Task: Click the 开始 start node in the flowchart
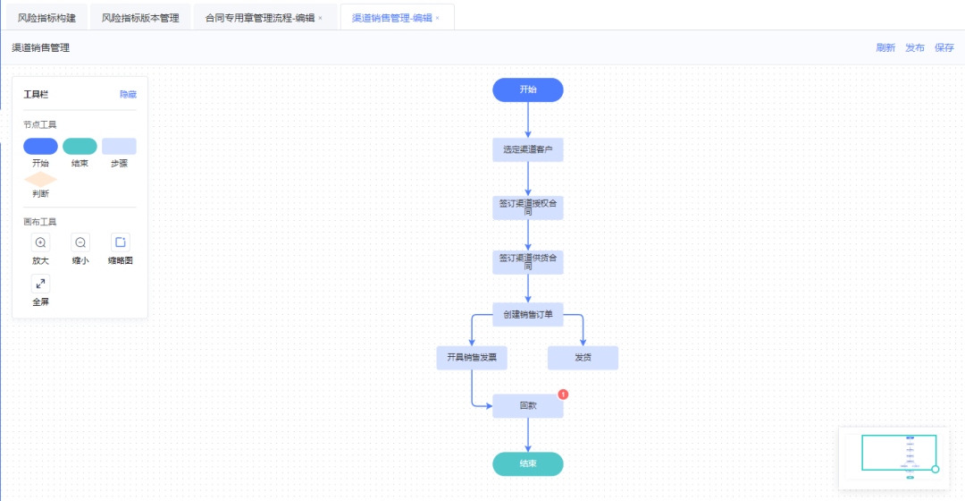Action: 527,89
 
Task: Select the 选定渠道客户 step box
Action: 527,150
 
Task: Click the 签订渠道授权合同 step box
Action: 527,208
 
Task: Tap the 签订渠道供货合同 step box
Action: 527,261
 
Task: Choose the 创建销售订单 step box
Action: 527,314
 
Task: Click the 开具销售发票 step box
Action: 472,358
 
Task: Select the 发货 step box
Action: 583,358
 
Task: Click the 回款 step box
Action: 527,406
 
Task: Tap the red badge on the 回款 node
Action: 563,394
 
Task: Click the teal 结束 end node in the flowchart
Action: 527,463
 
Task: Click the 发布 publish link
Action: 915,48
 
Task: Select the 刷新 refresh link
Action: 885,48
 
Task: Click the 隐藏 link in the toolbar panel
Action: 128,94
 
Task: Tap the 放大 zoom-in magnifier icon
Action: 40,242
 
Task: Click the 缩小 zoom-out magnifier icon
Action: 80,242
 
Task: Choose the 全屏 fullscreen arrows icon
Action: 40,284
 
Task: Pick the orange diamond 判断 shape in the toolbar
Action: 40,179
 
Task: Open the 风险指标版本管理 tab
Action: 140,18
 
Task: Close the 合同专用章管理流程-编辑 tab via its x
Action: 320,18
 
